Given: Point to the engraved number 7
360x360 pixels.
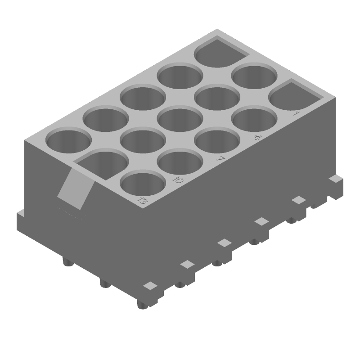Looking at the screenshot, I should click(x=220, y=159).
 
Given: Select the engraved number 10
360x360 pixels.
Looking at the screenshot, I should click(x=178, y=180).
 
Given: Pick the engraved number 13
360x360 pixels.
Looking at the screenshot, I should click(x=142, y=201).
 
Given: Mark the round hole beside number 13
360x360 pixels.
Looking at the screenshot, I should click(x=143, y=185).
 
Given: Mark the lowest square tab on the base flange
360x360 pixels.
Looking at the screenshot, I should click(x=150, y=285).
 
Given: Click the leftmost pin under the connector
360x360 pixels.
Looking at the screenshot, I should click(x=67, y=262).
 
